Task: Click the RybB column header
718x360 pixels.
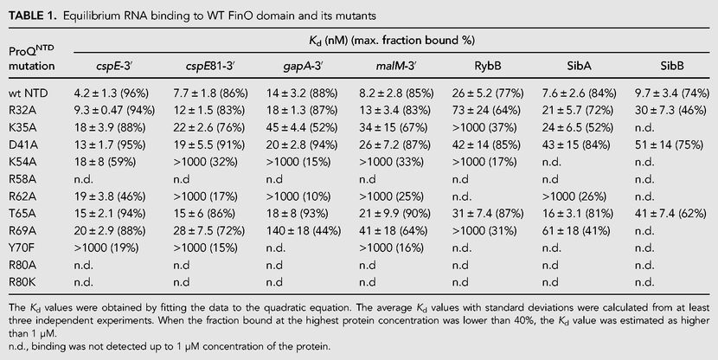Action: tap(488, 66)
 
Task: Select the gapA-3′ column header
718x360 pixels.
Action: tap(302, 67)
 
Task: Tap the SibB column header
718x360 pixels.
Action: tap(672, 66)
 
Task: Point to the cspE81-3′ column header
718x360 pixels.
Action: tap(210, 66)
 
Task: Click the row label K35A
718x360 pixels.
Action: tap(23, 128)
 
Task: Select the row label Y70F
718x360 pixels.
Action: tap(22, 248)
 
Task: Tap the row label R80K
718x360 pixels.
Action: tap(23, 283)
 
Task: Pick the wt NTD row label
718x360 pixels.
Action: tap(29, 93)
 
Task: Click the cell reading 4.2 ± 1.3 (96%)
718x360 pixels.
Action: tap(112, 93)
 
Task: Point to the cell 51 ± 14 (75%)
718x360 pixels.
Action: tap(669, 145)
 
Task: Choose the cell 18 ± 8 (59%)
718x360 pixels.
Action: tap(105, 162)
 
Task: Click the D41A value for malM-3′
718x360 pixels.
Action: tap(394, 145)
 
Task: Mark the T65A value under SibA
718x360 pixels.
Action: tap(576, 214)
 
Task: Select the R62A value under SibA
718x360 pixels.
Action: tap(574, 196)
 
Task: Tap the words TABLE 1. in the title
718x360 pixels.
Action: tap(33, 16)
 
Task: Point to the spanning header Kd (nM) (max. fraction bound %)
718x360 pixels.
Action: tap(392, 41)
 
